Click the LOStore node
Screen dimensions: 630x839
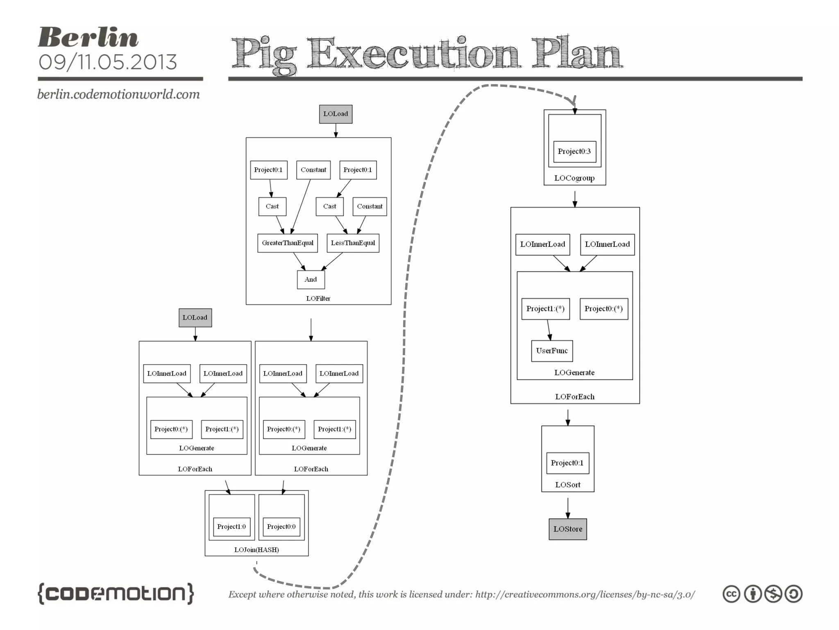pos(567,529)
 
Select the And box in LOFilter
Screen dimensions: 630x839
pos(311,279)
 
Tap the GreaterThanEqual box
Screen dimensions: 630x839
pos(287,243)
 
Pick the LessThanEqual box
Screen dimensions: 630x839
pos(353,243)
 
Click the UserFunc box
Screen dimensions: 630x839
pos(551,351)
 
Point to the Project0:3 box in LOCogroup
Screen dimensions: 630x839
pos(574,151)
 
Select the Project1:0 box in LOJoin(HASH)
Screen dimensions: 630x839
pos(231,527)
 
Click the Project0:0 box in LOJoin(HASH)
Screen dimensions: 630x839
pos(281,527)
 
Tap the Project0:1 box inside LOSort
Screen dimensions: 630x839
pos(567,463)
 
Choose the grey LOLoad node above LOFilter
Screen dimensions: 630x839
pos(336,114)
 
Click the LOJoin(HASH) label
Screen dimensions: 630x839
pos(256,550)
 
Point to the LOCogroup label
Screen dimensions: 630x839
pos(574,178)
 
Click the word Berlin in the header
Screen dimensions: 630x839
pos(88,38)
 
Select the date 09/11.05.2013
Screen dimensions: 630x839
pos(107,62)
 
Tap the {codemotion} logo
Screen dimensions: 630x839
pos(116,593)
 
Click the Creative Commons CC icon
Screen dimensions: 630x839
pos(731,594)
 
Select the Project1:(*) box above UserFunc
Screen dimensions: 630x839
pos(545,309)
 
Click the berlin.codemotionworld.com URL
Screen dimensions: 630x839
pos(118,94)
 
